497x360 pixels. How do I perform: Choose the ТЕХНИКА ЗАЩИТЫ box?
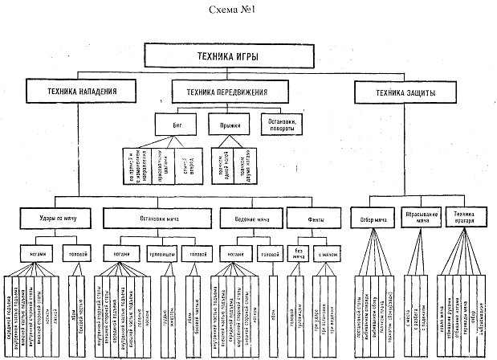click(406, 93)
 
